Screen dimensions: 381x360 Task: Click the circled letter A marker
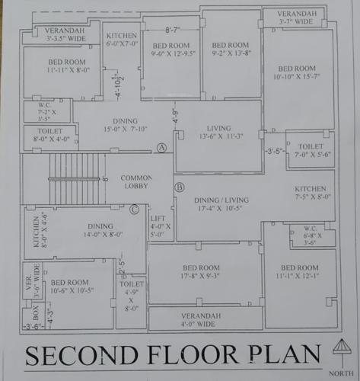[161, 147]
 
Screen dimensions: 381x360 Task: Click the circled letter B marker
[180, 187]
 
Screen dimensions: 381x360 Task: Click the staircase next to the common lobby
[77, 179]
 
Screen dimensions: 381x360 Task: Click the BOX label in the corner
[33, 312]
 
